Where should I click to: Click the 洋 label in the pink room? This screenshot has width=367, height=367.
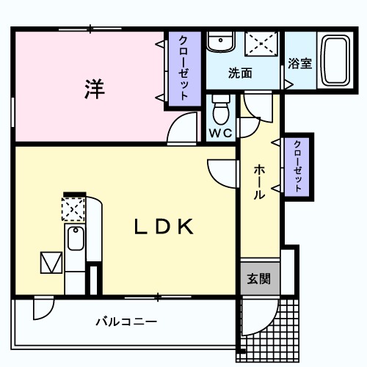[x=92, y=90]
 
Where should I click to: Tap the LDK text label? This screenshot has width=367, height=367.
[x=163, y=227]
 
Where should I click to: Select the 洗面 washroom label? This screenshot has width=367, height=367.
[x=239, y=73]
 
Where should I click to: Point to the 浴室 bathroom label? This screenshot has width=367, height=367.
[x=299, y=63]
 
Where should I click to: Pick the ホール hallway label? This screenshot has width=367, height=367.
[x=260, y=182]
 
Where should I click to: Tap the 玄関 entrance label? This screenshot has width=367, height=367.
[x=258, y=279]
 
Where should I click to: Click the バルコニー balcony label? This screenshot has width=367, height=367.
[x=126, y=321]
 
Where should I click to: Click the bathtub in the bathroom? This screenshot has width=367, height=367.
[x=335, y=62]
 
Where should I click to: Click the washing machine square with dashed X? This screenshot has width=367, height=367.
[x=261, y=43]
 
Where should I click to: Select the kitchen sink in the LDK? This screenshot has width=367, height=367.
[x=74, y=240]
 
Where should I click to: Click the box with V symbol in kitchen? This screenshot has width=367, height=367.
[x=51, y=262]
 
